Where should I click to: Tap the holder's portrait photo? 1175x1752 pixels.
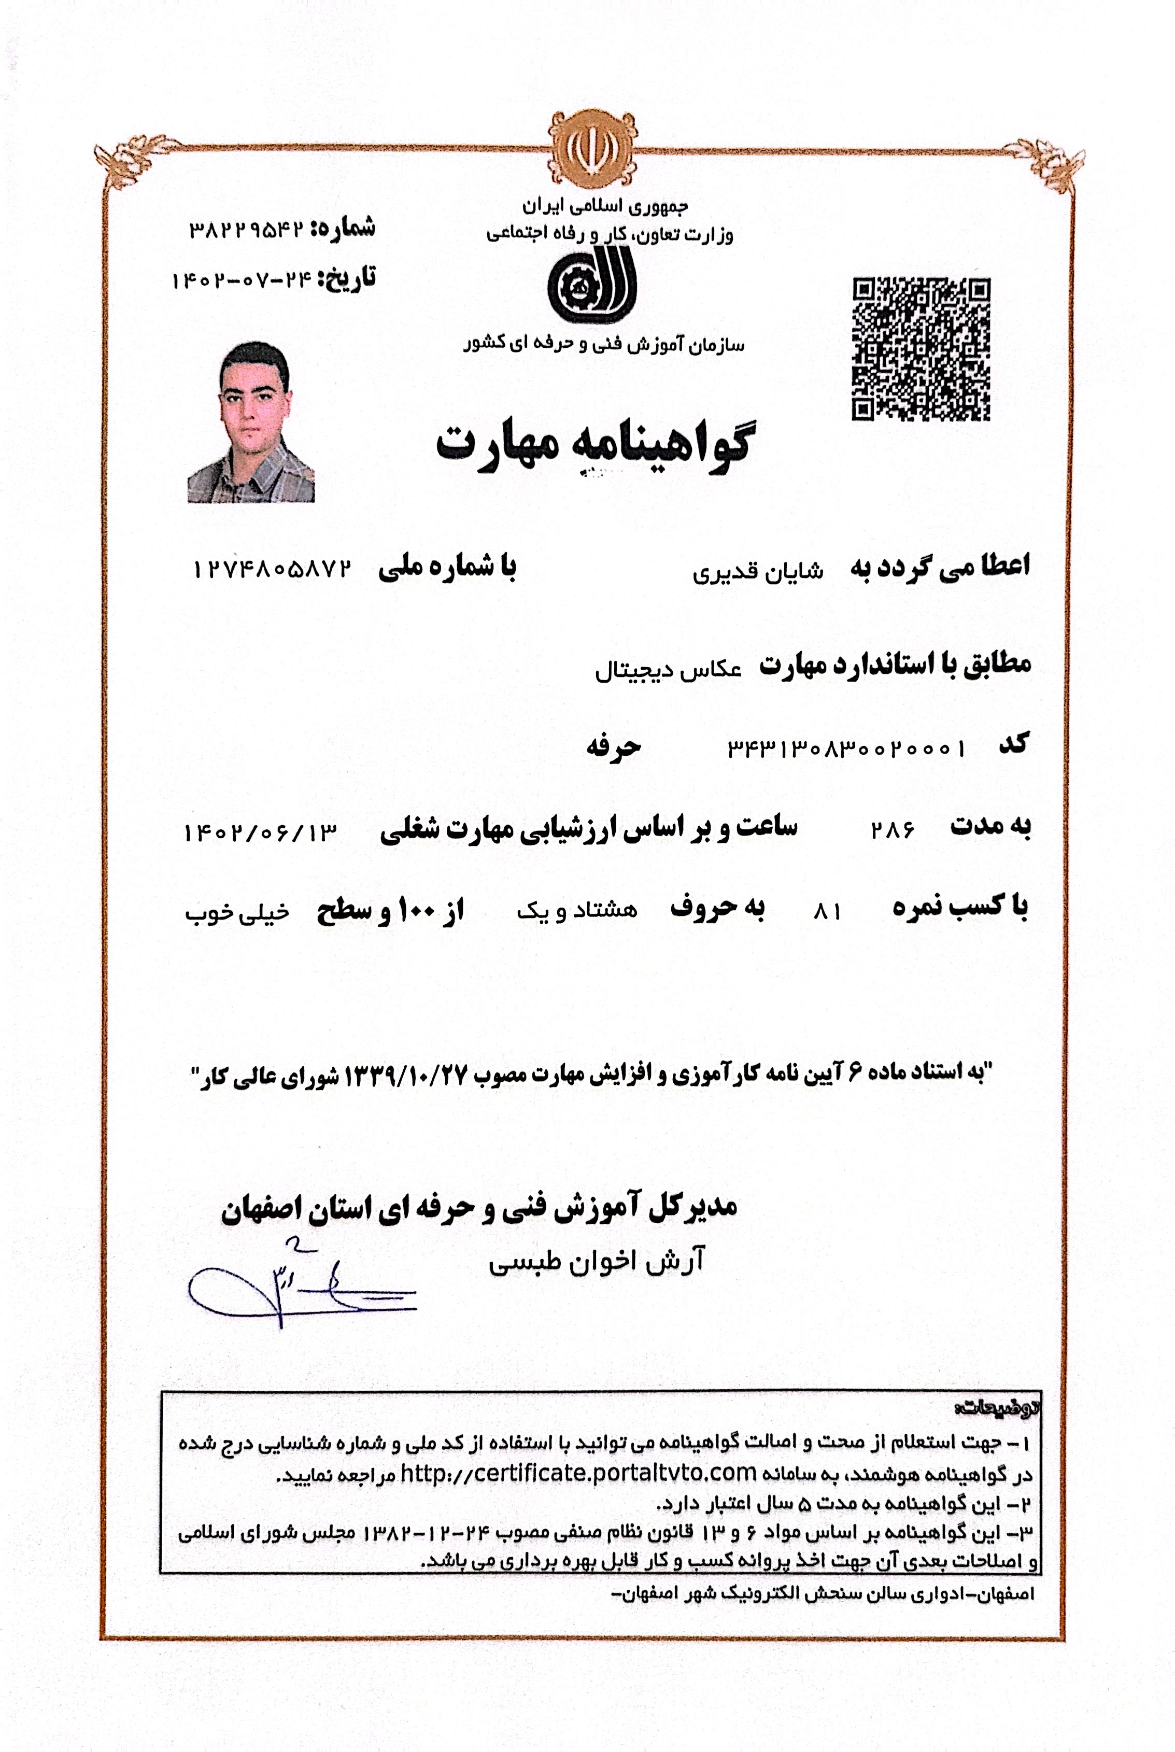tap(251, 422)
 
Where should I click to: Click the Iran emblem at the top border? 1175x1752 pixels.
tap(592, 148)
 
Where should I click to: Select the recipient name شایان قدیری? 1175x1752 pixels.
tap(757, 571)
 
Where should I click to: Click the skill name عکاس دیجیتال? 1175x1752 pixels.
tap(668, 670)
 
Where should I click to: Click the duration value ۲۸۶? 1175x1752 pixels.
tap(891, 829)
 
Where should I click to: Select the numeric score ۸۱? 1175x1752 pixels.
tap(827, 911)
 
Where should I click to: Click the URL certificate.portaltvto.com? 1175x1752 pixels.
tap(578, 1473)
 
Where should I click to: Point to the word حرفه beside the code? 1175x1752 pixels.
tap(614, 746)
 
